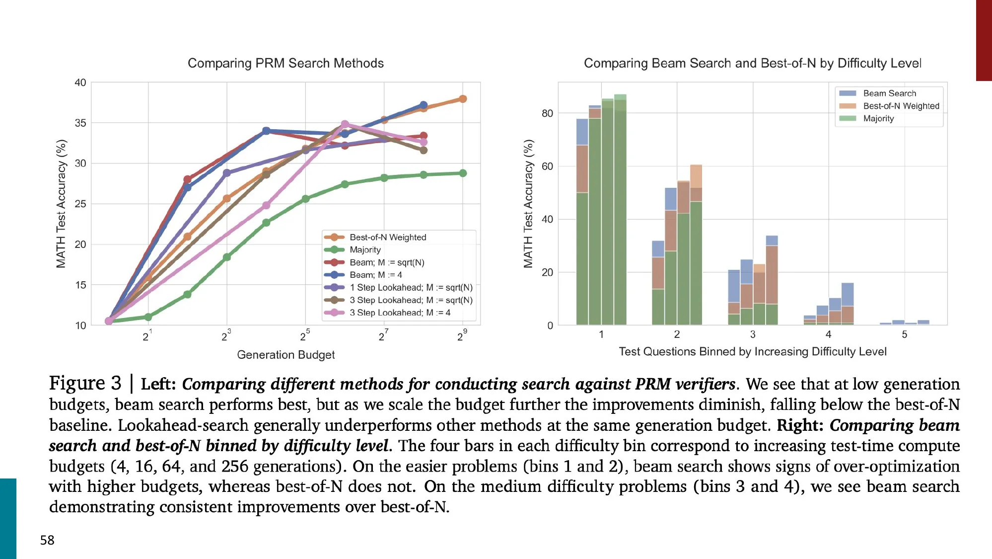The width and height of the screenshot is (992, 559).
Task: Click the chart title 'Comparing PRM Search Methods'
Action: coord(285,63)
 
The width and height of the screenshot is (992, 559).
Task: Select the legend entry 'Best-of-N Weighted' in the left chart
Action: coord(387,238)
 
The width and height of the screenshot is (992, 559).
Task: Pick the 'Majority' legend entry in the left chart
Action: coord(365,250)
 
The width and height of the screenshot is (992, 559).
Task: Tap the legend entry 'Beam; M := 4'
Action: coord(375,275)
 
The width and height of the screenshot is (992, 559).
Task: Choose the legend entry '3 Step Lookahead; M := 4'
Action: coord(400,313)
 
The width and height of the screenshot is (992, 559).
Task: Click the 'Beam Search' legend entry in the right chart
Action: coord(889,93)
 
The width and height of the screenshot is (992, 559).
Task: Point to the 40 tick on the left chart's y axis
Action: coord(80,82)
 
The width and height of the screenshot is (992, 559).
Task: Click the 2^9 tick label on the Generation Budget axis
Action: coord(461,336)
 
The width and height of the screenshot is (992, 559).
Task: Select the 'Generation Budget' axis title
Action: coord(285,355)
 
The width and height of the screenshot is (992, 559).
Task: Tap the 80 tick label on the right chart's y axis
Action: coord(547,113)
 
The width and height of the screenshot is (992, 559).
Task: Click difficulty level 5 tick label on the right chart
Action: coord(904,334)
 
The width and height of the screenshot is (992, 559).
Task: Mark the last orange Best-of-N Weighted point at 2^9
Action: coord(463,99)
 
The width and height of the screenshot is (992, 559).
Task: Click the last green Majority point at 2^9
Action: coord(463,173)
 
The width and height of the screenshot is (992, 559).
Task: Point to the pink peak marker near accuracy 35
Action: coord(345,124)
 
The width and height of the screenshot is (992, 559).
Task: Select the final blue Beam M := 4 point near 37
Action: coord(424,105)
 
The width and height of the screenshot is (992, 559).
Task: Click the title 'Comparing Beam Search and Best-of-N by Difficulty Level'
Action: coord(752,63)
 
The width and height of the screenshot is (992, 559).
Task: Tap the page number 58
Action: coord(47,540)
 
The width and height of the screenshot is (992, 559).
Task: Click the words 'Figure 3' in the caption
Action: coord(85,383)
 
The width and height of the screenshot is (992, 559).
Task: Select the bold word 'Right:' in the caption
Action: coord(800,425)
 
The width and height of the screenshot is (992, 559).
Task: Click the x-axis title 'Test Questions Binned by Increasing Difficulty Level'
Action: coord(752,352)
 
